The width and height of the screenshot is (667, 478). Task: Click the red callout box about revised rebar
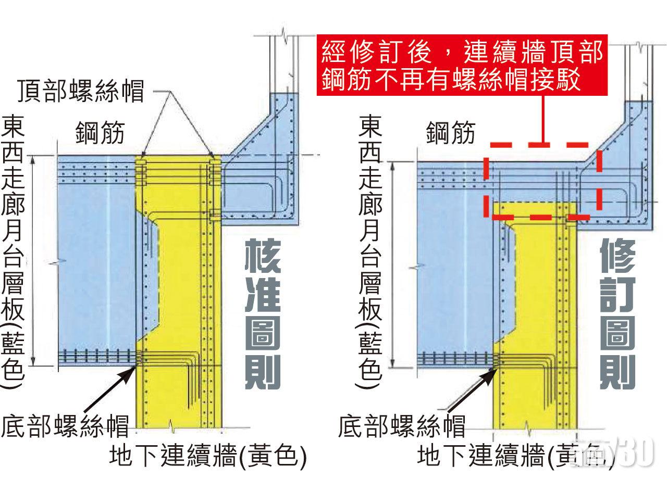[463, 66]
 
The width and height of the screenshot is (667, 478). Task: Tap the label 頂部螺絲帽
[80, 91]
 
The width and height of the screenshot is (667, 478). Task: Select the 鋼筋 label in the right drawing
[451, 132]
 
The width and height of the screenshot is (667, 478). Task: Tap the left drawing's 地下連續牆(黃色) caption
[207, 457]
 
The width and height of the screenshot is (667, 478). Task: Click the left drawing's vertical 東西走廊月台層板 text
[13, 250]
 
